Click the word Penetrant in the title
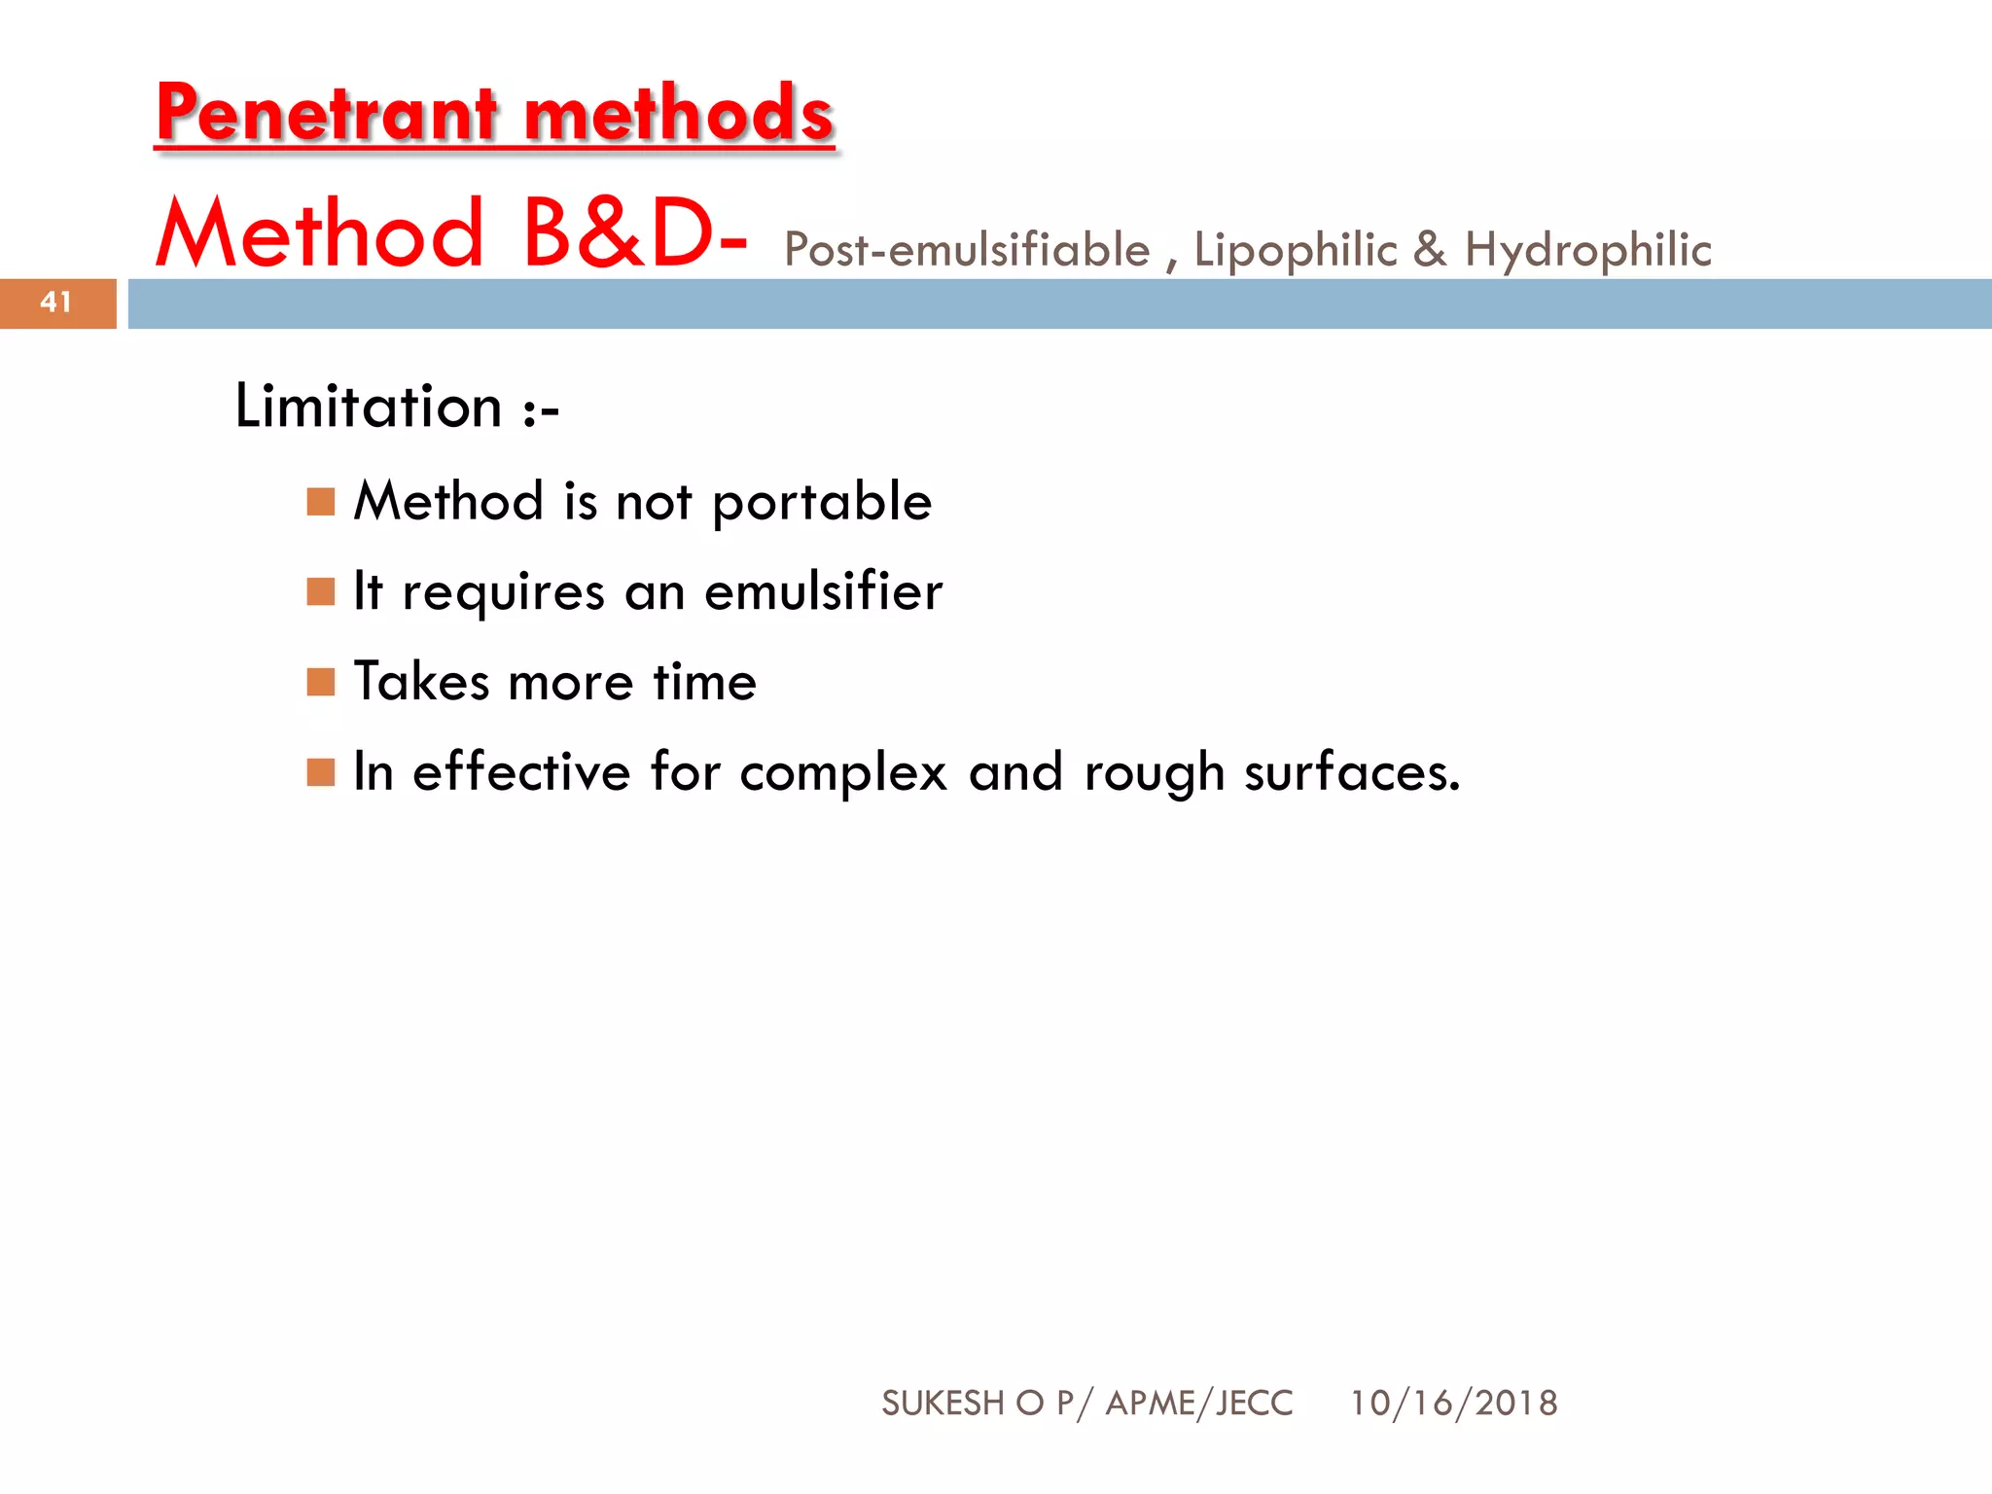tap(327, 114)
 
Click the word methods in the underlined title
tap(678, 114)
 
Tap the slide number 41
tap(56, 302)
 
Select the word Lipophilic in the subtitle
tap(1296, 251)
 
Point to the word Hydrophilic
tap(1587, 251)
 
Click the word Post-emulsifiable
tap(967, 251)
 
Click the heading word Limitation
tap(369, 407)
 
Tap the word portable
tap(822, 503)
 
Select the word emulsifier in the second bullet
tap(823, 591)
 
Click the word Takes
tap(421, 681)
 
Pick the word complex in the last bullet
tap(842, 773)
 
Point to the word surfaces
tap(1351, 773)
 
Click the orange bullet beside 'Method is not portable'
tap(321, 502)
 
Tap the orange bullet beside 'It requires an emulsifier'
tap(321, 591)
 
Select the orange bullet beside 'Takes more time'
tap(321, 682)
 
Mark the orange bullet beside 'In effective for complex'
tap(321, 772)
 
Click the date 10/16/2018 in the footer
tap(1453, 1404)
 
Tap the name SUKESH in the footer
tap(943, 1404)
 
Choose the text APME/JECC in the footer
tap(1199, 1404)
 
